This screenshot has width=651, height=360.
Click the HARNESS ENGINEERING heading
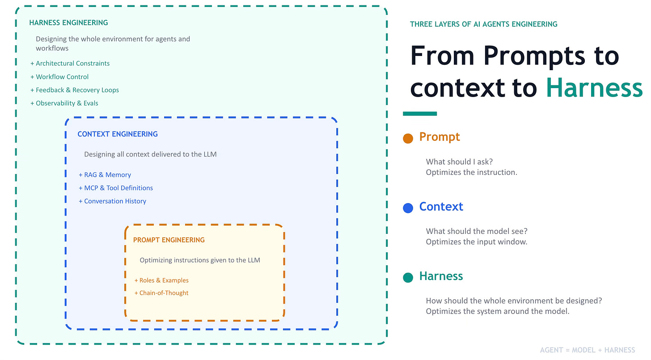(68, 22)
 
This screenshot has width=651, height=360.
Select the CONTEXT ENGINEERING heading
(118, 134)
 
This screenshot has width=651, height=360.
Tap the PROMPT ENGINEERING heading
(169, 240)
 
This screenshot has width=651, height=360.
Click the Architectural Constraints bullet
(70, 64)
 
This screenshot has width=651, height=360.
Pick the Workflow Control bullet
(60, 76)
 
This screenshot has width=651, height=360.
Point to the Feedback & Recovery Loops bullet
(75, 90)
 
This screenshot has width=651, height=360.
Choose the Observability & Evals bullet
(64, 103)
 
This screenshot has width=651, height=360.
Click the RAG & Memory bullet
(105, 175)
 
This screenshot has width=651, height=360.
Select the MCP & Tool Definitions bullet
(116, 188)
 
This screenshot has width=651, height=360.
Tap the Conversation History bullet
(113, 201)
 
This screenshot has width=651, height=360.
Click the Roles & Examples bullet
(161, 280)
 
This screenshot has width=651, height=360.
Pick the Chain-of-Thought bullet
(161, 293)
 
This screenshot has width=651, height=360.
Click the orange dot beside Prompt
(408, 138)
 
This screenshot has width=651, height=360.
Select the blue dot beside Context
(408, 208)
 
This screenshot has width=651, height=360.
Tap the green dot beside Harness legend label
(408, 278)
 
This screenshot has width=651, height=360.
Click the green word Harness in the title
(594, 88)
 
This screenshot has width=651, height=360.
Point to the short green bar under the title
(420, 114)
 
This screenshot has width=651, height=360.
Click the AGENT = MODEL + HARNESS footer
(588, 350)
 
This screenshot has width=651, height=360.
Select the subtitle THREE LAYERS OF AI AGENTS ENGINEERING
(484, 24)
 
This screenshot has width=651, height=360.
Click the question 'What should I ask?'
(459, 162)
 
